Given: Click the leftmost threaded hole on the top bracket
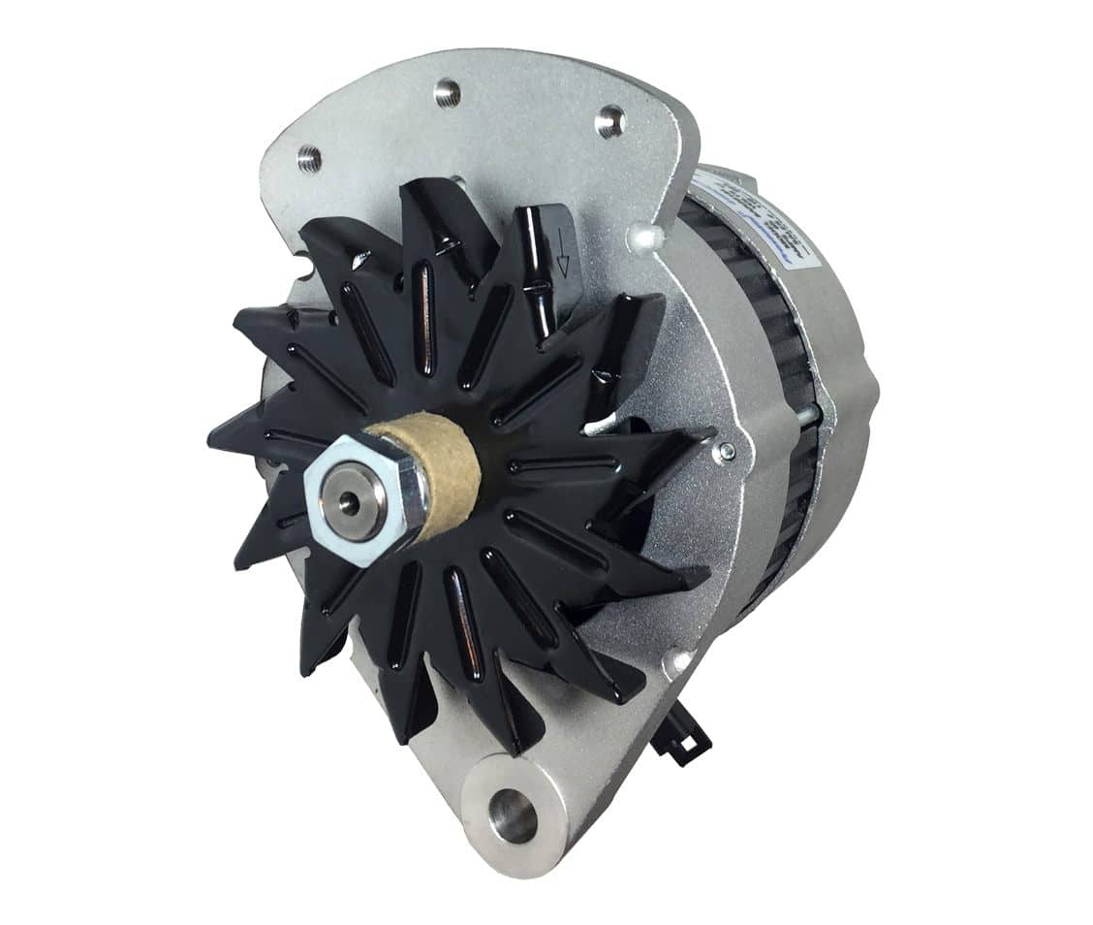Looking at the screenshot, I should [x=309, y=156].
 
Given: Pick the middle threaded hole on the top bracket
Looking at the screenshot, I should [x=447, y=93].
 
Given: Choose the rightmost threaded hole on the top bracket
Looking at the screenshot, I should [x=609, y=122].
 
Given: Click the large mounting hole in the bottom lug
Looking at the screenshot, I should [x=513, y=814].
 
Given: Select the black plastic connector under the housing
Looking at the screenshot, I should [x=684, y=737].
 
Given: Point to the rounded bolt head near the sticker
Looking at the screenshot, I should [x=643, y=238].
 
